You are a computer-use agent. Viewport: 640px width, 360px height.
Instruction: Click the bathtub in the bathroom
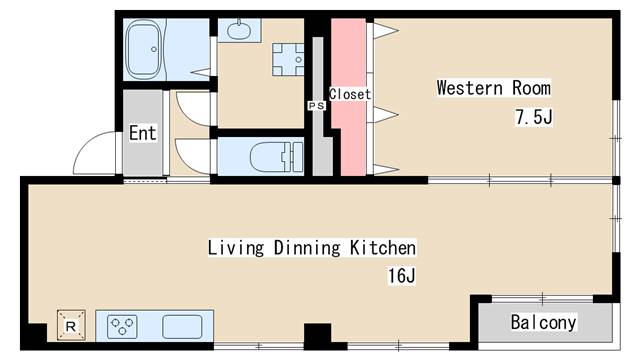pyautogui.click(x=143, y=49)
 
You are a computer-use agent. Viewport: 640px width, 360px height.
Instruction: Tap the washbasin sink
pyautogui.click(x=239, y=29)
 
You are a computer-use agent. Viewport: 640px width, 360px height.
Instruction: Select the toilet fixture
pyautogui.click(x=277, y=157)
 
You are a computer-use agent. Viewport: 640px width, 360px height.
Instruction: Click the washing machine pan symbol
pyautogui.click(x=288, y=60)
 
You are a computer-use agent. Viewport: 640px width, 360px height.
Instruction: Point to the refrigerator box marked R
pyautogui.click(x=71, y=325)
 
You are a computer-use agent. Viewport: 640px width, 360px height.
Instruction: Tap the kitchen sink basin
pyautogui.click(x=182, y=327)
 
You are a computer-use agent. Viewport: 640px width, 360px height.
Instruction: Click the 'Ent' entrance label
pyautogui.click(x=142, y=133)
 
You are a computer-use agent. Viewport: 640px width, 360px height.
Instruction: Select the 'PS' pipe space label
pyautogui.click(x=316, y=106)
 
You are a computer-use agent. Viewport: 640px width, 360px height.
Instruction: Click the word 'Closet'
pyautogui.click(x=350, y=94)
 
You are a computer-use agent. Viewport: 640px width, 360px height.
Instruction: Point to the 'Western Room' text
pyautogui.click(x=493, y=88)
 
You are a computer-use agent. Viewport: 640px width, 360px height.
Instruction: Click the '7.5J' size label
pyautogui.click(x=533, y=118)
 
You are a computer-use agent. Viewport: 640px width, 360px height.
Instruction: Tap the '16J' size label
pyautogui.click(x=402, y=276)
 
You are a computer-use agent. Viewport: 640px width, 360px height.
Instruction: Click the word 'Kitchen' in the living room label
pyautogui.click(x=383, y=248)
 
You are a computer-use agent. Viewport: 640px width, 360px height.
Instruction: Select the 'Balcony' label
pyautogui.click(x=543, y=322)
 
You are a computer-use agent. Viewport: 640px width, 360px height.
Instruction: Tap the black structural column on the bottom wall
pyautogui.click(x=318, y=336)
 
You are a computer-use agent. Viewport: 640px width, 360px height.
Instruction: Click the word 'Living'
pyautogui.click(x=236, y=248)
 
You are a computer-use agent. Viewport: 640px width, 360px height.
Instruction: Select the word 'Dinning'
pyautogui.click(x=307, y=248)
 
